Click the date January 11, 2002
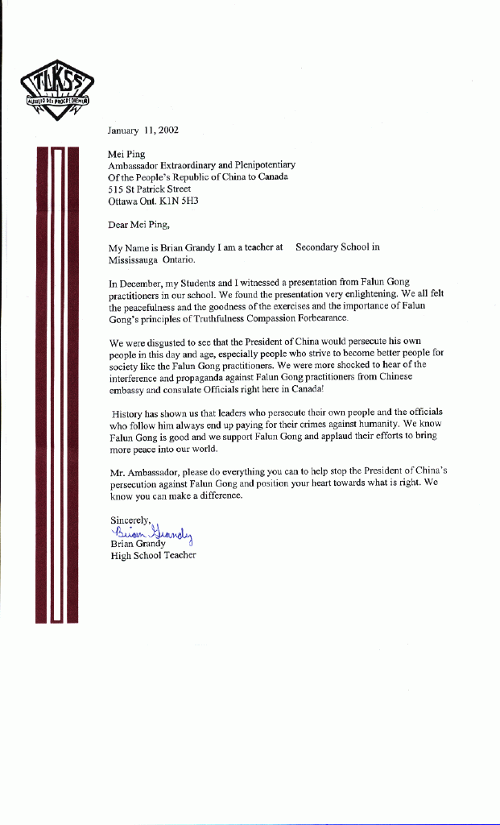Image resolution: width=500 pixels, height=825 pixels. pos(143,130)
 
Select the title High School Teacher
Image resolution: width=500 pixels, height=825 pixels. pos(153,555)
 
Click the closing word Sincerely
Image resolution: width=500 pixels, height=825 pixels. pos(130,520)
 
